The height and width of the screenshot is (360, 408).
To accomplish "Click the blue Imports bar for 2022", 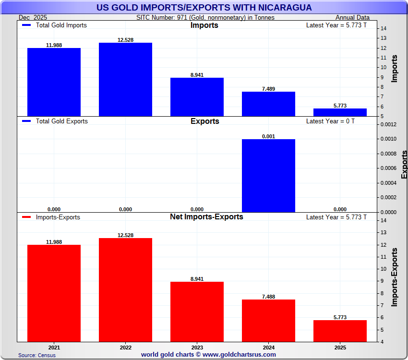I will point(125,80).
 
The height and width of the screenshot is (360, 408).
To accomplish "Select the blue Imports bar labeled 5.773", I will point(340,112).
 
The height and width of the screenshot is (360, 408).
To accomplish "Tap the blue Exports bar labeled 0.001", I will point(268,176).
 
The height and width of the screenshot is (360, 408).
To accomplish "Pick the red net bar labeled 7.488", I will point(268,321).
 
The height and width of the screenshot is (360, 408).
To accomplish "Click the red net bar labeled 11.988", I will point(54,293).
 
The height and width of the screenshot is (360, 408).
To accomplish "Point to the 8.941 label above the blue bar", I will point(197,75).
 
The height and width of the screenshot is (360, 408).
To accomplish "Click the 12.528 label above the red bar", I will point(125,235).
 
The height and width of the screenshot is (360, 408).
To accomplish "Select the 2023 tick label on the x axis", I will point(197,347).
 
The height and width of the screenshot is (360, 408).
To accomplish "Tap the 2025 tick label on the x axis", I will point(340,347).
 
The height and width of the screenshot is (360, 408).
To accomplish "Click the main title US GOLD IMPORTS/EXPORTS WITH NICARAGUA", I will point(204,8).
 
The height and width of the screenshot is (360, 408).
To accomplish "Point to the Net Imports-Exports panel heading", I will point(206,217).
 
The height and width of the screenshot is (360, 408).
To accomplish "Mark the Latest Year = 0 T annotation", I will point(330,121).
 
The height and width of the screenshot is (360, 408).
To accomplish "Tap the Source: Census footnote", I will point(37,355).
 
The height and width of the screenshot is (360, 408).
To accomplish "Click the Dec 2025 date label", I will point(33,17).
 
